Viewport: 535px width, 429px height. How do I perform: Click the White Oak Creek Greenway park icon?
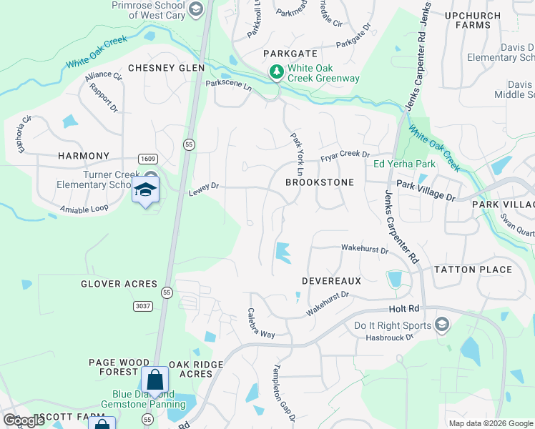pos(276,72)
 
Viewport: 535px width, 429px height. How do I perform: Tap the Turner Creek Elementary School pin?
pos(146,190)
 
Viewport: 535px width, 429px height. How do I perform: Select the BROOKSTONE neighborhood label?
pos(320,182)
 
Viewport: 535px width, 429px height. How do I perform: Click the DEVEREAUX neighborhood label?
pos(331,281)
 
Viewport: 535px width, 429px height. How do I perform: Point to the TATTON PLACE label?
pos(473,270)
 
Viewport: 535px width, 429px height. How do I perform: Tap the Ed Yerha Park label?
pos(404,164)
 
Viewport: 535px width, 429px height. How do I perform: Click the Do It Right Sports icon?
pos(441,325)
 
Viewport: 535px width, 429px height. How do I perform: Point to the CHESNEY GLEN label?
pos(166,68)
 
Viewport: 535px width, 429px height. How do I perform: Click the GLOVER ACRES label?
pos(119,284)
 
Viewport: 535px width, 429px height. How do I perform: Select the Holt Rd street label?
pos(403,309)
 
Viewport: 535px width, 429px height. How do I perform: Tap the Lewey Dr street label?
pos(203,190)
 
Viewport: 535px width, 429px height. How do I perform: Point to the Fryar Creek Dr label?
pos(345,155)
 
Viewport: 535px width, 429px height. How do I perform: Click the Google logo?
pos(24,420)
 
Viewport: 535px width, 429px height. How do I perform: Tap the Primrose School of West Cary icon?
pos(197,9)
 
